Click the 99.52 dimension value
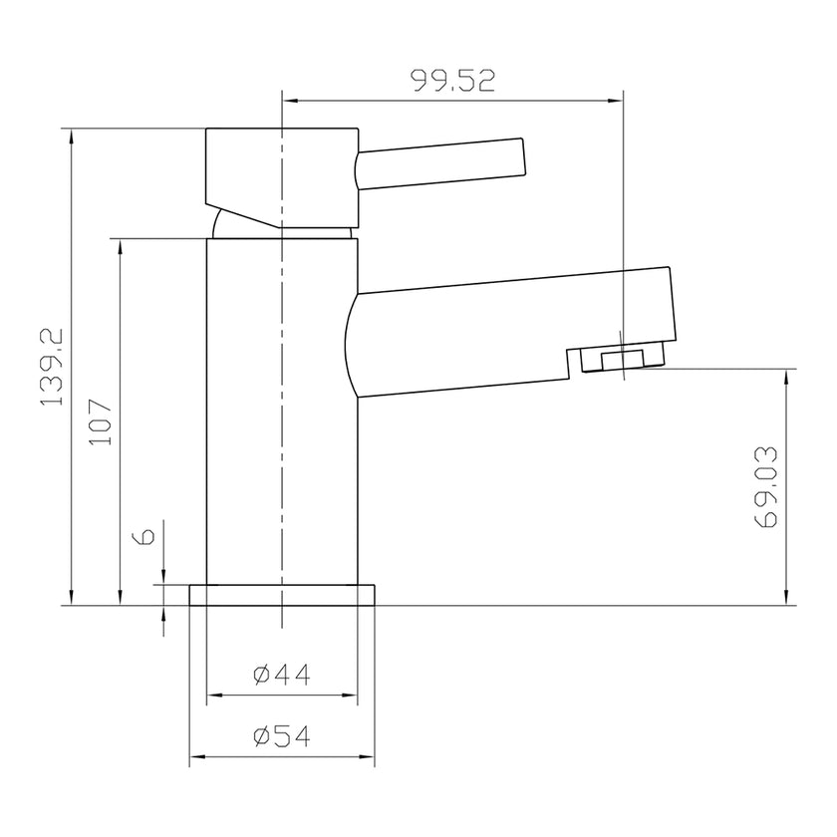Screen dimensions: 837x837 pos(453,81)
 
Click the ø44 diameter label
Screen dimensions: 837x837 pos(282,676)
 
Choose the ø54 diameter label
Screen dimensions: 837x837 pos(282,736)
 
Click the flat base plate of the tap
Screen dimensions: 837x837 pos(283,595)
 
